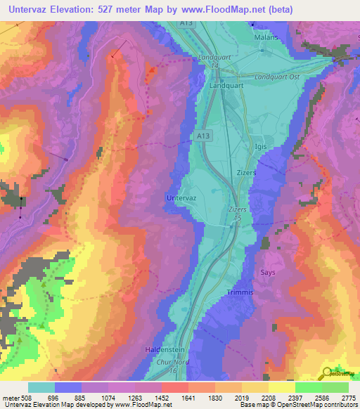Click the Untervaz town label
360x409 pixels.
pyautogui.click(x=186, y=199)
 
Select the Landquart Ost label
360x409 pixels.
pyautogui.click(x=278, y=77)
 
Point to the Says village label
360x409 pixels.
pyautogui.click(x=267, y=273)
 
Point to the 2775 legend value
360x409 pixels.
pyautogui.click(x=348, y=397)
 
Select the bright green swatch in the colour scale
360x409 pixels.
pyautogui.click(x=308, y=387)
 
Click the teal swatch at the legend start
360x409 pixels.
pyautogui.click(x=41, y=387)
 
